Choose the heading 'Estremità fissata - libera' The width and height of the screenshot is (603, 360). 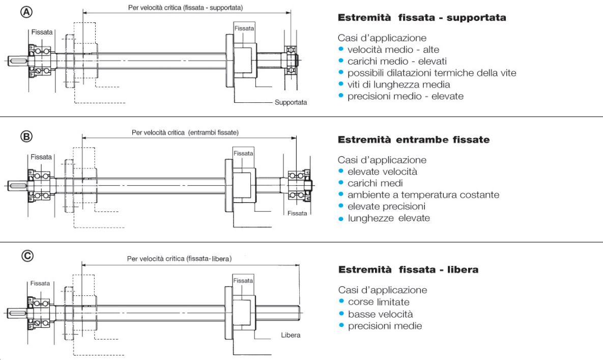(408, 270)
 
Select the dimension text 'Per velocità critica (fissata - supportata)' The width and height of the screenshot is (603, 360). (185, 8)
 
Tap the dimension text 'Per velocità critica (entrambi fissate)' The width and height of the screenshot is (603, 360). (185, 132)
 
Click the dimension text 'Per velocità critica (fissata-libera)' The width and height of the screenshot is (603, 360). (179, 259)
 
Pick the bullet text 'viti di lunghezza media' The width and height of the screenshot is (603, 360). (391, 84)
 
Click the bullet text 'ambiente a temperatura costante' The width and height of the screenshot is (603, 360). (423, 195)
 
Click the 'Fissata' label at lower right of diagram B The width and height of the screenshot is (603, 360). (297, 213)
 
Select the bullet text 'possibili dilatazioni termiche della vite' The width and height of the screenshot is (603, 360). (432, 73)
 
